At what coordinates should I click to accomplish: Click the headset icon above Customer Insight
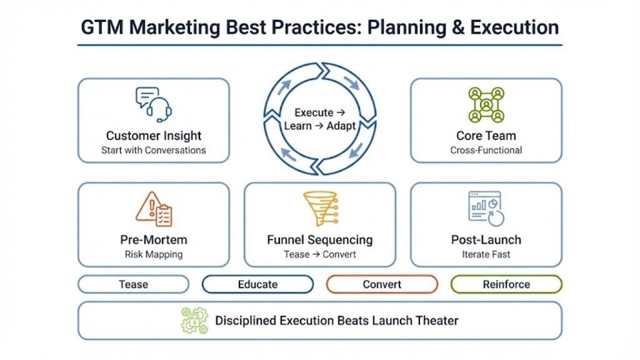click(x=154, y=104)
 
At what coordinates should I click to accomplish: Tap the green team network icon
click(x=486, y=104)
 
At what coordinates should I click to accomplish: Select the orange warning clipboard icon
click(x=154, y=209)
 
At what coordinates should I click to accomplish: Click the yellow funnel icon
click(x=320, y=209)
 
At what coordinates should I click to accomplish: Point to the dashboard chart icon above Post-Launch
click(x=486, y=209)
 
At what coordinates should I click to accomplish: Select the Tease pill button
click(x=133, y=284)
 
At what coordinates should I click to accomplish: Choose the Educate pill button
click(x=257, y=284)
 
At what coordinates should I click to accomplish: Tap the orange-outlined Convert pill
click(x=382, y=284)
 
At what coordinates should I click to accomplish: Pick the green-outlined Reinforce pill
click(x=506, y=284)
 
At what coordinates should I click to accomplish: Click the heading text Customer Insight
click(x=154, y=136)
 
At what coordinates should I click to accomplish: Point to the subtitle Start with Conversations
click(x=154, y=150)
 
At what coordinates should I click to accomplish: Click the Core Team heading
click(x=486, y=136)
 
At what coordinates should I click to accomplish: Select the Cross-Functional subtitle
click(x=486, y=150)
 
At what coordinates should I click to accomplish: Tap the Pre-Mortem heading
click(x=154, y=240)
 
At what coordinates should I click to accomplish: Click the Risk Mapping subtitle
click(x=154, y=254)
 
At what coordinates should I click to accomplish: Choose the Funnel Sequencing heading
click(x=320, y=240)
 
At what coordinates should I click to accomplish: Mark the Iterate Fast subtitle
click(x=486, y=254)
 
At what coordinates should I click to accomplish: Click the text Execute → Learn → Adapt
click(x=320, y=119)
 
